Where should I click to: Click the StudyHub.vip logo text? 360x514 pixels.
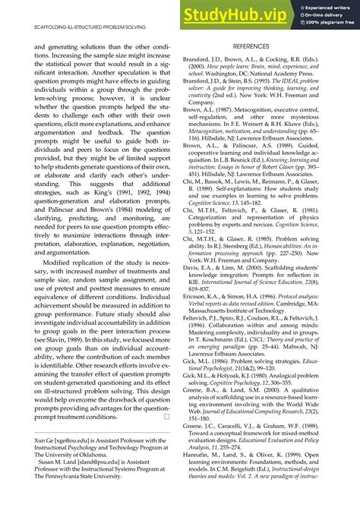238,14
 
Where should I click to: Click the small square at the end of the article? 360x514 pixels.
166,416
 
